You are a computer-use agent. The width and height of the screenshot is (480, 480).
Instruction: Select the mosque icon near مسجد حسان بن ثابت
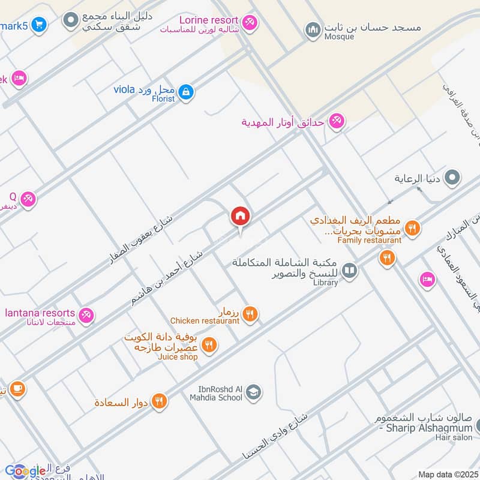click(312, 28)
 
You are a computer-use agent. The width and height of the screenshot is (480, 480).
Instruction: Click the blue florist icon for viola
click(187, 91)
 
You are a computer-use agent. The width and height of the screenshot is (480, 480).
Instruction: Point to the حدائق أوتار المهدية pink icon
click(335, 122)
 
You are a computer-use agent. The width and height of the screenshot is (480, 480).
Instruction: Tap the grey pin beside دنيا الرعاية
click(453, 178)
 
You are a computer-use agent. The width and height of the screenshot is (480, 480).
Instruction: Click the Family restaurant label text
click(369, 241)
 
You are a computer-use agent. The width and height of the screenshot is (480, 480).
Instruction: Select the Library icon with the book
click(349, 271)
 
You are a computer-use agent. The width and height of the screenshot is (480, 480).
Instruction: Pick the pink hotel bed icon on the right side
click(427, 280)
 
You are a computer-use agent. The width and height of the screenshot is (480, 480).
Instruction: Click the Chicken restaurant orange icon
click(251, 313)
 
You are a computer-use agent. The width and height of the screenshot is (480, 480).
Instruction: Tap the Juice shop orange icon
click(209, 344)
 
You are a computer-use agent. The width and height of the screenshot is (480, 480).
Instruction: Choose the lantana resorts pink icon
click(86, 314)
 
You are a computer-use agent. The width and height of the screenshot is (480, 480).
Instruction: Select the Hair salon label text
click(454, 437)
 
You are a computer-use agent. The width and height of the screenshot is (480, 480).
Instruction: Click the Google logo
click(25, 471)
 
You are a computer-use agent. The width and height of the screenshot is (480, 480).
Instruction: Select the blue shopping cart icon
click(39, 25)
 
